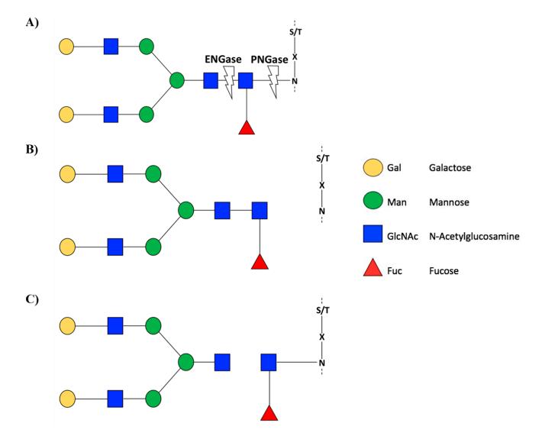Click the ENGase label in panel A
coord(226,58)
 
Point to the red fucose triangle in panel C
coord(269,413)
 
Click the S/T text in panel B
coord(321,159)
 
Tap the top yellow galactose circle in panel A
coord(68,47)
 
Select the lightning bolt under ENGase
coord(227,80)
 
